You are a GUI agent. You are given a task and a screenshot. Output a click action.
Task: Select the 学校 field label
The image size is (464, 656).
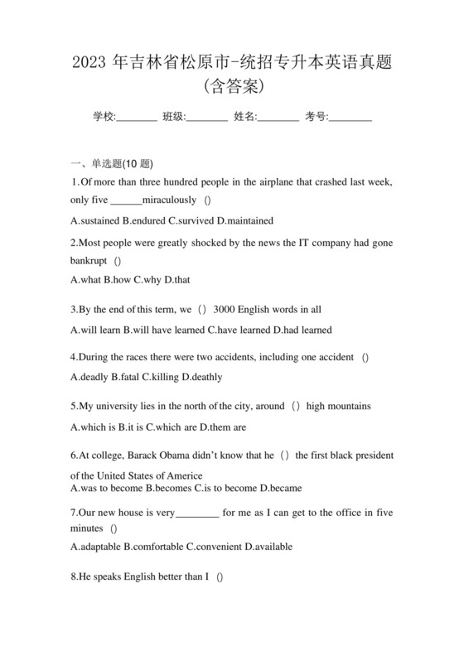pos(104,117)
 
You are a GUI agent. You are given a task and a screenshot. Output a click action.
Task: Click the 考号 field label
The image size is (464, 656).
pos(317,117)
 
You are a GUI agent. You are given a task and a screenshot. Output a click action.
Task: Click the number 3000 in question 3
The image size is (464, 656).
pos(225,310)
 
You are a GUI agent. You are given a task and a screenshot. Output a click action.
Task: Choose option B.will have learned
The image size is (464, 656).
pos(162,330)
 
